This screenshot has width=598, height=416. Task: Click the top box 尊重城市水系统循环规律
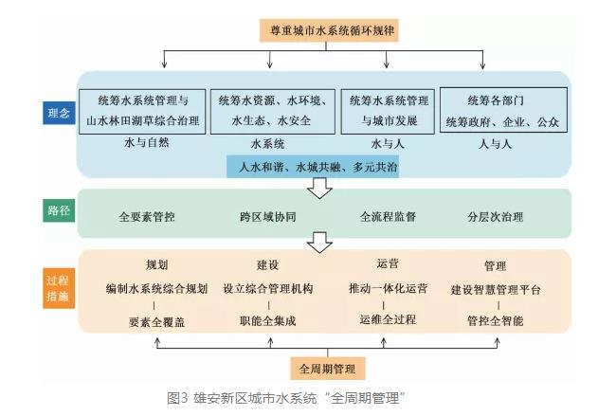click(329, 30)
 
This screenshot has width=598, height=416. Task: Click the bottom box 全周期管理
click(328, 367)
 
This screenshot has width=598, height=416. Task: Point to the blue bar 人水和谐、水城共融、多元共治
click(313, 168)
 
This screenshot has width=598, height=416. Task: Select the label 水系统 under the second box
click(267, 145)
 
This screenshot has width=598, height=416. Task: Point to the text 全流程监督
click(388, 216)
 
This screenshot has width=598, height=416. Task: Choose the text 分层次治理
click(496, 216)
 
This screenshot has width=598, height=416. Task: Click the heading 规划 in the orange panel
click(155, 265)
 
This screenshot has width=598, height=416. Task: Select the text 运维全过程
click(388, 319)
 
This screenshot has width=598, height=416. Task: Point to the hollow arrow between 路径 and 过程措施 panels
click(320, 244)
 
